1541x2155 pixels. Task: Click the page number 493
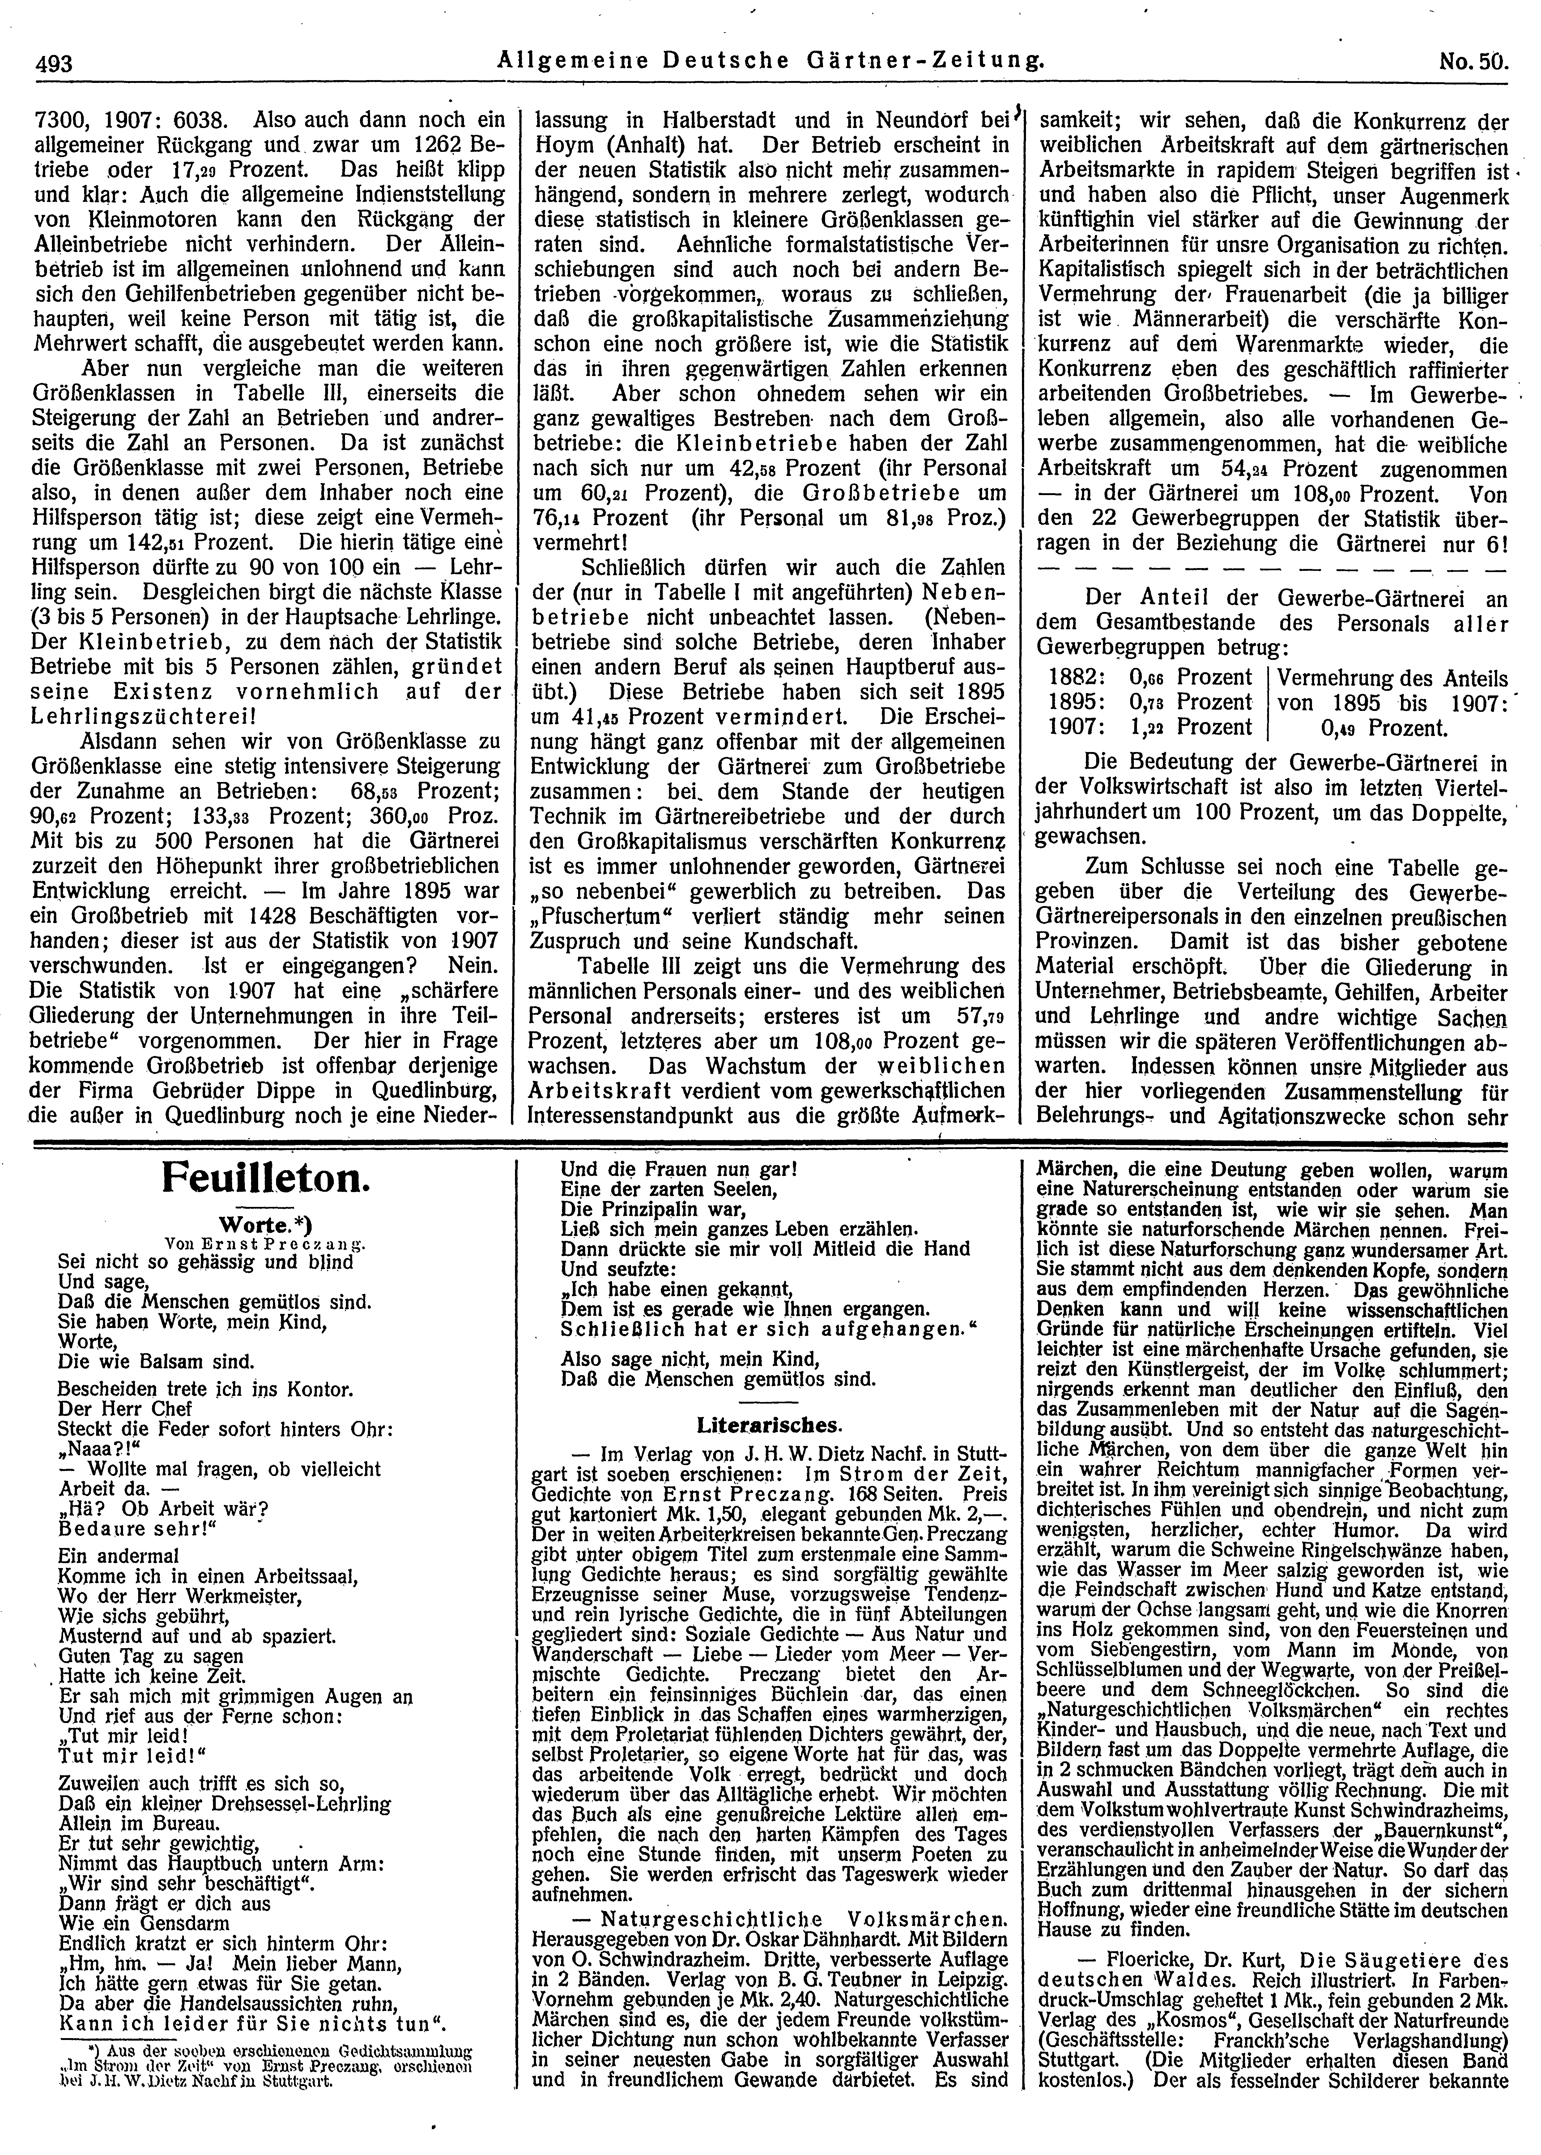pyautogui.click(x=55, y=64)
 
